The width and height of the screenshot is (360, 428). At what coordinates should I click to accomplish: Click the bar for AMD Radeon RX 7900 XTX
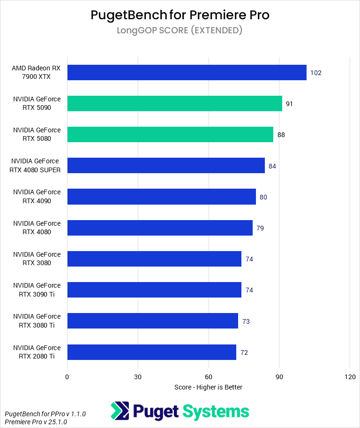187,73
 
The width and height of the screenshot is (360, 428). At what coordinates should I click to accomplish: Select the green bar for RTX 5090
174,104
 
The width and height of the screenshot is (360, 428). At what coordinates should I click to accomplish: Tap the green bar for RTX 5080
170,135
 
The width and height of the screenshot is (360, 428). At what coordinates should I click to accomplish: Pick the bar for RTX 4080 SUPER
166,166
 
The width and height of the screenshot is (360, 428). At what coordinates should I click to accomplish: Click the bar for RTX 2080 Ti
151,352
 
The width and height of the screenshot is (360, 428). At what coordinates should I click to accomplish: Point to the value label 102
315,73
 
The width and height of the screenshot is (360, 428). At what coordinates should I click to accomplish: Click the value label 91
289,104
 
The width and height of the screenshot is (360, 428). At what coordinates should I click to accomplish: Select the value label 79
260,228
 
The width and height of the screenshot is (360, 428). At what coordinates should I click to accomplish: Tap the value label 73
246,321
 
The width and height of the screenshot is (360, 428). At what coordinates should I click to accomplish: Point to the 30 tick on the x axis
138,377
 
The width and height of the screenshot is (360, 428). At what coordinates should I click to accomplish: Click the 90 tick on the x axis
279,377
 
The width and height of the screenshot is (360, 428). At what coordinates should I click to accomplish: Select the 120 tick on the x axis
350,377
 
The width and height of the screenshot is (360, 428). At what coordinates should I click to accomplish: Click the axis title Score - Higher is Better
208,387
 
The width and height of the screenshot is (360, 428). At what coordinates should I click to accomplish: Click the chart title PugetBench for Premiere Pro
180,15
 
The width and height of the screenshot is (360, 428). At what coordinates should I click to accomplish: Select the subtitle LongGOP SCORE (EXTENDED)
180,31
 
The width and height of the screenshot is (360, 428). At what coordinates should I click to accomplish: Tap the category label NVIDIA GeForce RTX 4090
37,197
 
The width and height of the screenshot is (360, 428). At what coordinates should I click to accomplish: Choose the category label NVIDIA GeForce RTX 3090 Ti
37,290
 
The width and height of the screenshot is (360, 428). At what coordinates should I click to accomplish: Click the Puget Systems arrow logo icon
120,411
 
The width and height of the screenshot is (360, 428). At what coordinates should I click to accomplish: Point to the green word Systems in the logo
216,411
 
